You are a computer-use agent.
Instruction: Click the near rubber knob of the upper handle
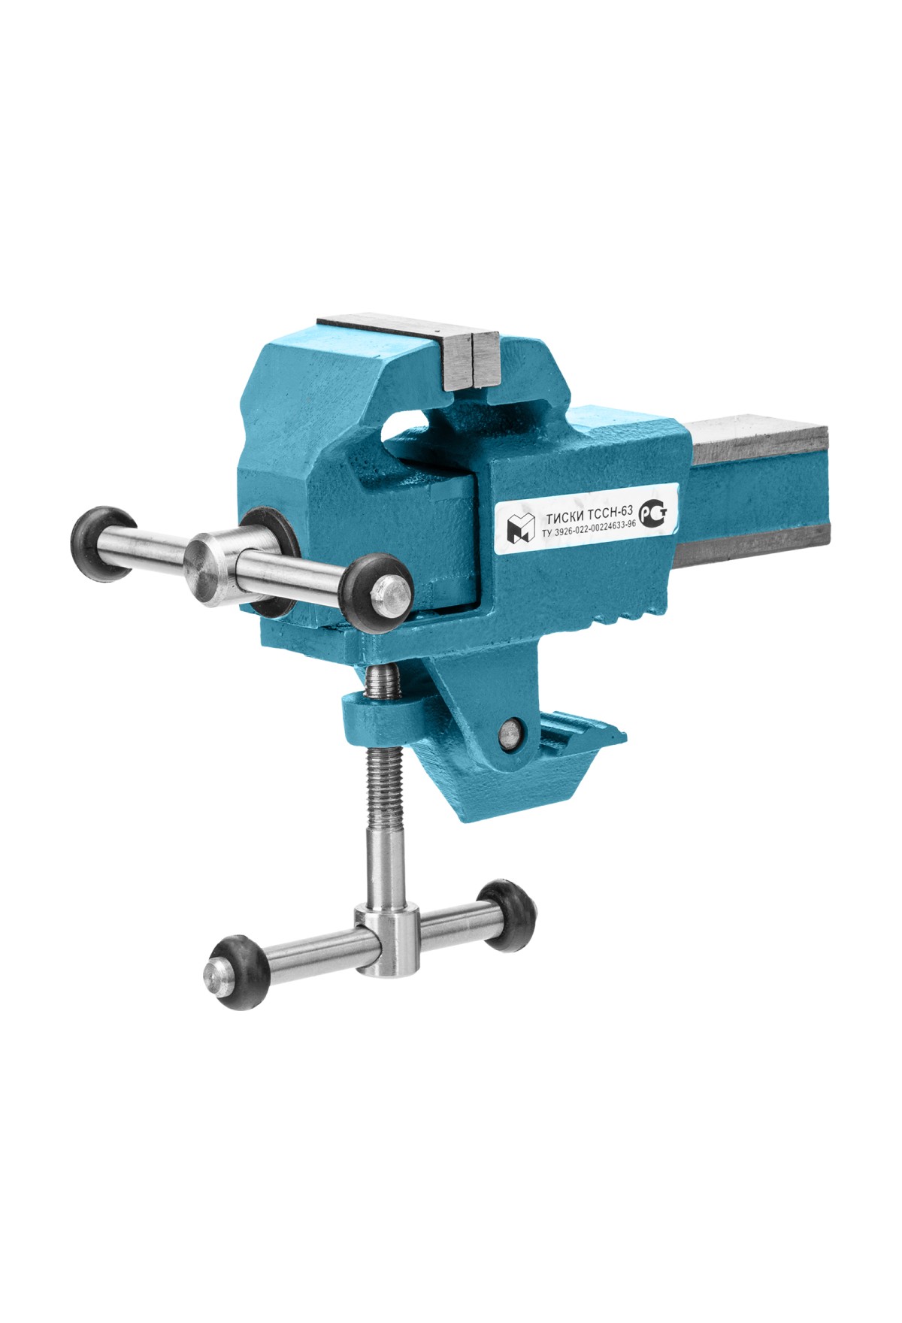point(378,590)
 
